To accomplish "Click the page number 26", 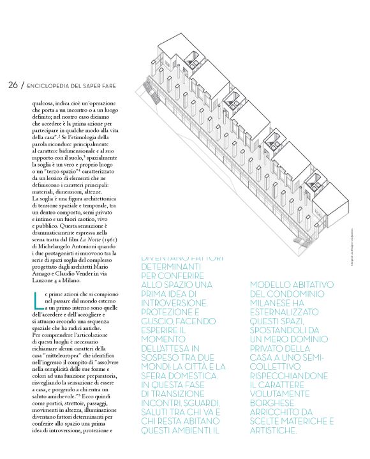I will click(x=13, y=86).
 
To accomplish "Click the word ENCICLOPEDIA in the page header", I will click(x=52, y=86).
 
